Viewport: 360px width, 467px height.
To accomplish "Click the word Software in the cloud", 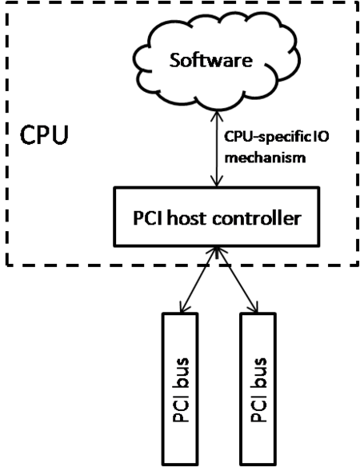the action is coord(211,60).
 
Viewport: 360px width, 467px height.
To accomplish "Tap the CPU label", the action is coord(45,135).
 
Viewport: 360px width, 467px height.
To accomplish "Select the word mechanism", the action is coord(266,158).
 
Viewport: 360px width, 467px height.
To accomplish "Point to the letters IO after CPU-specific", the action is coord(321,137).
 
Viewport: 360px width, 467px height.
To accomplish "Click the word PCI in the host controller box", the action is coord(148,218).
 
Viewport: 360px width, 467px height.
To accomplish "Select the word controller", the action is coord(257,218).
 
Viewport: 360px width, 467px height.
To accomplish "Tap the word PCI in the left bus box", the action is coord(181,409).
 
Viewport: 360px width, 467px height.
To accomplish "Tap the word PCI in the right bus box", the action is coord(259,409).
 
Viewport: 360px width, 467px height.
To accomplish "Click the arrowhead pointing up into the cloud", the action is coord(217,116).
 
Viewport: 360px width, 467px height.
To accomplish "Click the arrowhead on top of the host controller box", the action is coord(217,181).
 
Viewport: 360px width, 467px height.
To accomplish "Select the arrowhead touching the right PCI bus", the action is coord(254,307).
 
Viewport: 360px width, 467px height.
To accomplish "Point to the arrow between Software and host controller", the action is coord(217,149).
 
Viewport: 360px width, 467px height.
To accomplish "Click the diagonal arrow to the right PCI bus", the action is coord(237,280).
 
